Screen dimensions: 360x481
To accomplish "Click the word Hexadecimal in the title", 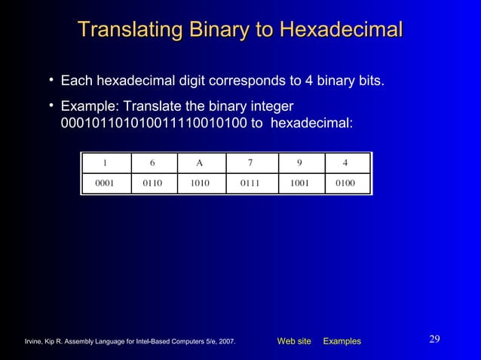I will coord(341,30).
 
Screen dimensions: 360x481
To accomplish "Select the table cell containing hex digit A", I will coord(200,163).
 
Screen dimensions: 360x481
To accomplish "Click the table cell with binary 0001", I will coord(105,183).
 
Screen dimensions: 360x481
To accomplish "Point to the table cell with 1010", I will coord(200,183).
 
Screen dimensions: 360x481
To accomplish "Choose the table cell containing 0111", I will coord(250,183).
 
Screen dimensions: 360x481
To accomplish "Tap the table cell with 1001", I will coord(300,183).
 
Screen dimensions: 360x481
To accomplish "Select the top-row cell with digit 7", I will coord(250,163).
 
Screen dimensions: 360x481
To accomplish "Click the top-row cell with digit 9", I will coord(300,163).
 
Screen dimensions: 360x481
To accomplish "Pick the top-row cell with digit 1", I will coord(105,163).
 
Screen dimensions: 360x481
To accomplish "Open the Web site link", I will coord(294,341).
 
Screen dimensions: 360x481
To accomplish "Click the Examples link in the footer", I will coord(342,341).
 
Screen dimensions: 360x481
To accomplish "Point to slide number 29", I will coord(434,339).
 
